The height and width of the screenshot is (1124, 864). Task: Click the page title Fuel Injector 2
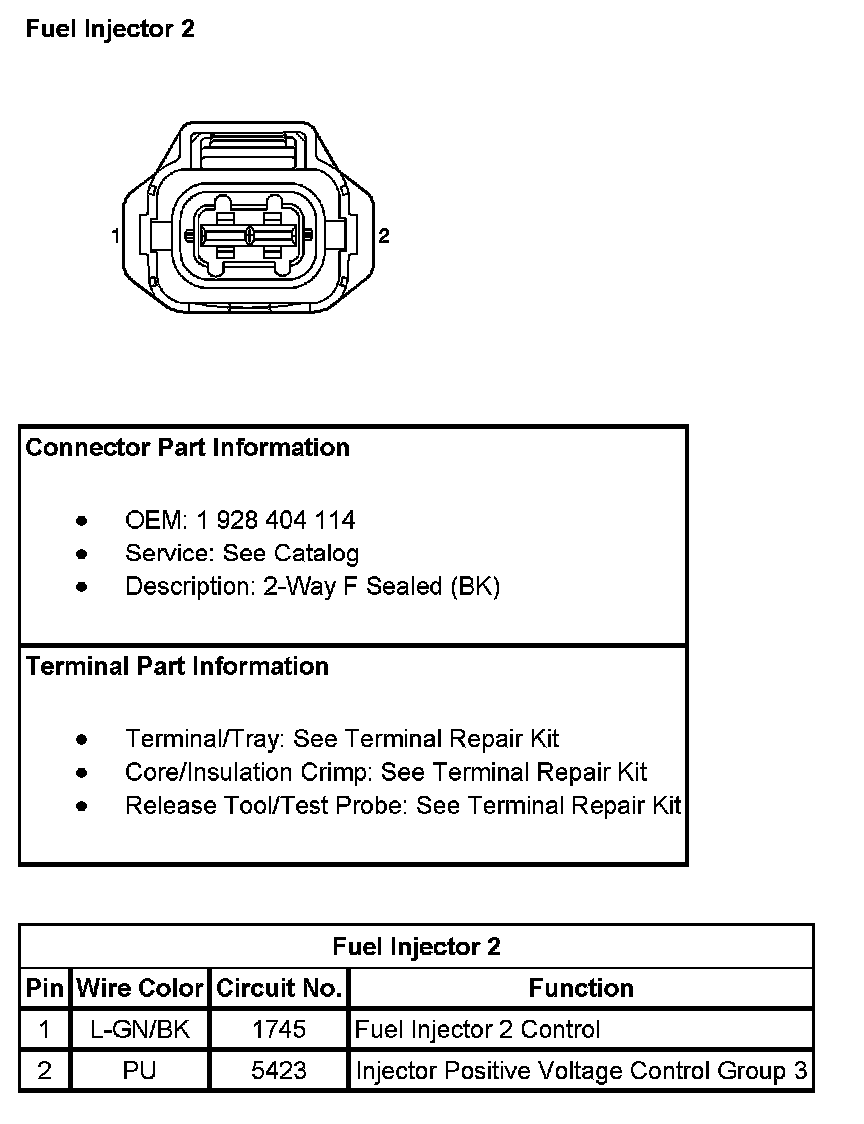110,29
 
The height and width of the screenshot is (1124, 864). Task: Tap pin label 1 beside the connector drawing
117,236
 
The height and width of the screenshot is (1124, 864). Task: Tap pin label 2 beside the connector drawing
384,236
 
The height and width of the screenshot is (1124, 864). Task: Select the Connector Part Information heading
188,447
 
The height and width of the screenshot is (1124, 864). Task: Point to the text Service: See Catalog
241,553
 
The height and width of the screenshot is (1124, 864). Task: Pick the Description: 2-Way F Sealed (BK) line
312,586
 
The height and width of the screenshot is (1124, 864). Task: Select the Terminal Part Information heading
177,666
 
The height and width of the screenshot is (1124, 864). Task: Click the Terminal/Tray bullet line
342,739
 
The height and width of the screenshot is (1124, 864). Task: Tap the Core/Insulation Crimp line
386,772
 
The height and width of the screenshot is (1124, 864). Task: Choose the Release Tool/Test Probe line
403,805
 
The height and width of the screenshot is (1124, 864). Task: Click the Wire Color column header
141,988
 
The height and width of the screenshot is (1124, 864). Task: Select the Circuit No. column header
279,988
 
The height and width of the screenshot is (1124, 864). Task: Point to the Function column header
581,988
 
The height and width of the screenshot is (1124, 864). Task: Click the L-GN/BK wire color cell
140,1029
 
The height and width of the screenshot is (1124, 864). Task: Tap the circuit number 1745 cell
279,1029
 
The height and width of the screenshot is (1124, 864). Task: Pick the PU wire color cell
139,1071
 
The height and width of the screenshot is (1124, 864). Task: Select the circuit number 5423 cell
279,1071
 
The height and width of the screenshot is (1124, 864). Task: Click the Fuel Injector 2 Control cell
478,1029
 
